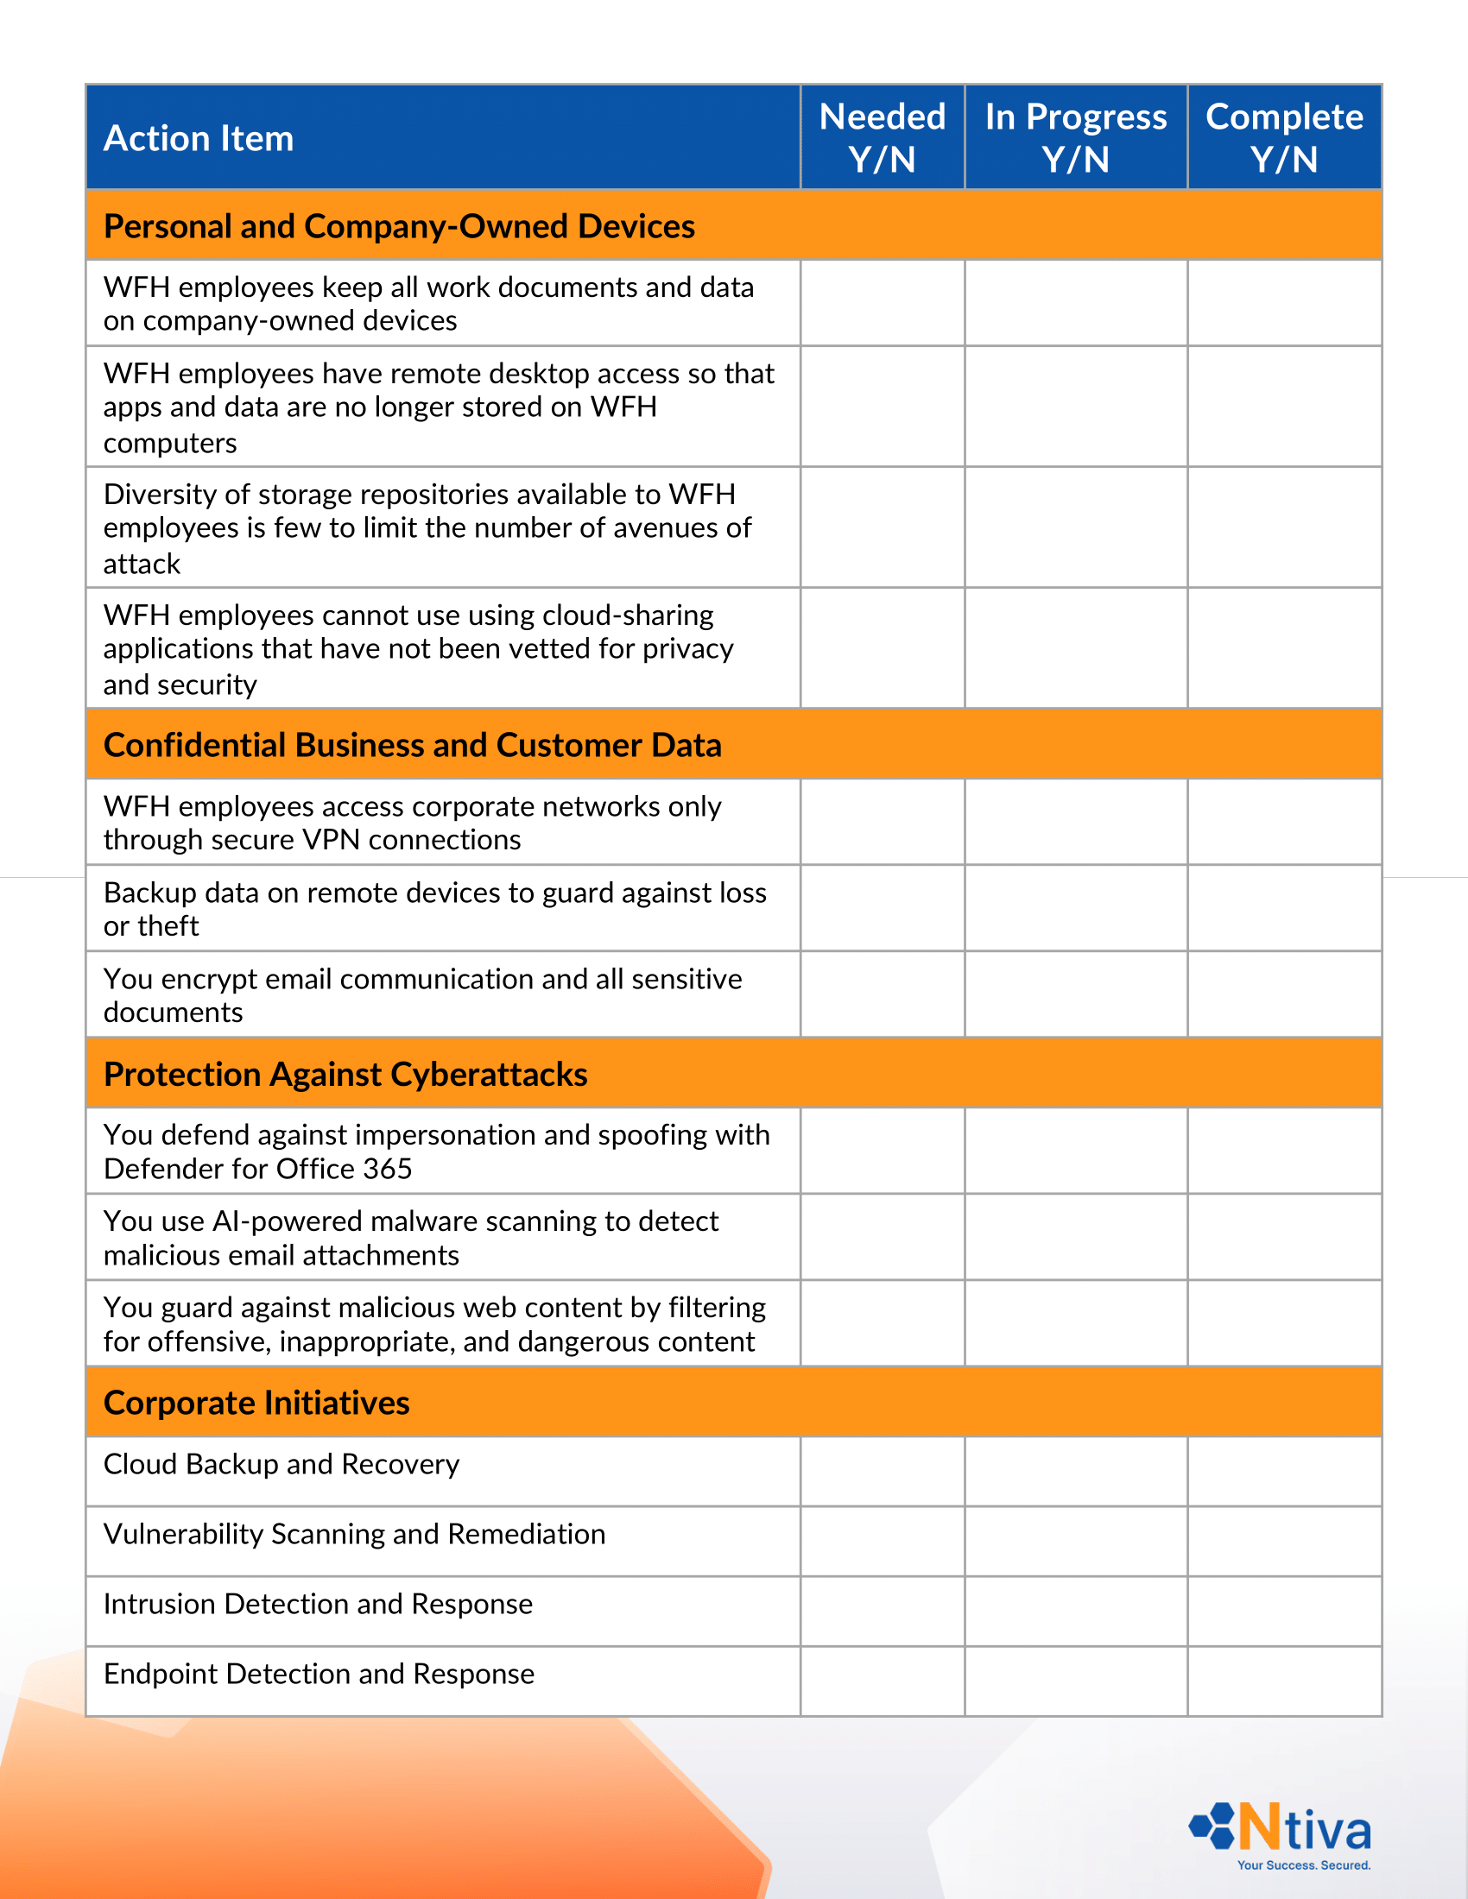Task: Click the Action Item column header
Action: (x=199, y=139)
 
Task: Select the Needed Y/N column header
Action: (x=882, y=138)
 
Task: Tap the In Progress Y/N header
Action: (x=1076, y=138)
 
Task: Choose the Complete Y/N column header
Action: (x=1283, y=138)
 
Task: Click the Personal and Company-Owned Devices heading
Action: (x=398, y=226)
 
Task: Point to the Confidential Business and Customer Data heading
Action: (x=412, y=745)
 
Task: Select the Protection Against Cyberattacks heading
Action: (x=345, y=1075)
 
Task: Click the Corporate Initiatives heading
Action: (x=256, y=1403)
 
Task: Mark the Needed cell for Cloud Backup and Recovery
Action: (x=882, y=1471)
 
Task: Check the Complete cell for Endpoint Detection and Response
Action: (x=1283, y=1681)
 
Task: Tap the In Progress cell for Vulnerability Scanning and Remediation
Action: (x=1076, y=1541)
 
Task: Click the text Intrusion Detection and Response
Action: (x=318, y=1605)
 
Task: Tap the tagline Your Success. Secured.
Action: (x=1303, y=1865)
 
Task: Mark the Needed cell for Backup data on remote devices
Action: (x=882, y=908)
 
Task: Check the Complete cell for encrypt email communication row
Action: (x=1283, y=994)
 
